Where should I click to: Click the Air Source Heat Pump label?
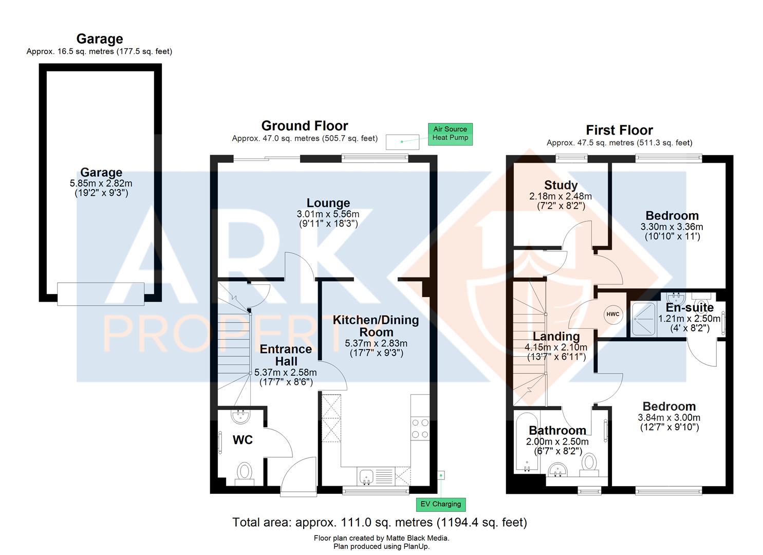[450, 134]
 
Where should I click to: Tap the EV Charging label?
[440, 504]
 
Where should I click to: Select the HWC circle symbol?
[613, 314]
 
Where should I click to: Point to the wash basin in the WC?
[240, 416]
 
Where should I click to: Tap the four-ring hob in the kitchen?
[420, 428]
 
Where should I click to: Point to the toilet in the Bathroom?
[589, 462]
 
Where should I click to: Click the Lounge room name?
[328, 203]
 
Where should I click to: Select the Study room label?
[561, 185]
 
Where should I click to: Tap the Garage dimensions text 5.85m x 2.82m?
[101, 183]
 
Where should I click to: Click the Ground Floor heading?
[305, 126]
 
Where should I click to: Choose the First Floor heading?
[619, 130]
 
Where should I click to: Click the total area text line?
[380, 523]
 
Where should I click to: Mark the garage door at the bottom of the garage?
[101, 294]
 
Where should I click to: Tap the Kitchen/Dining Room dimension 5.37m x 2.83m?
[376, 343]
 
